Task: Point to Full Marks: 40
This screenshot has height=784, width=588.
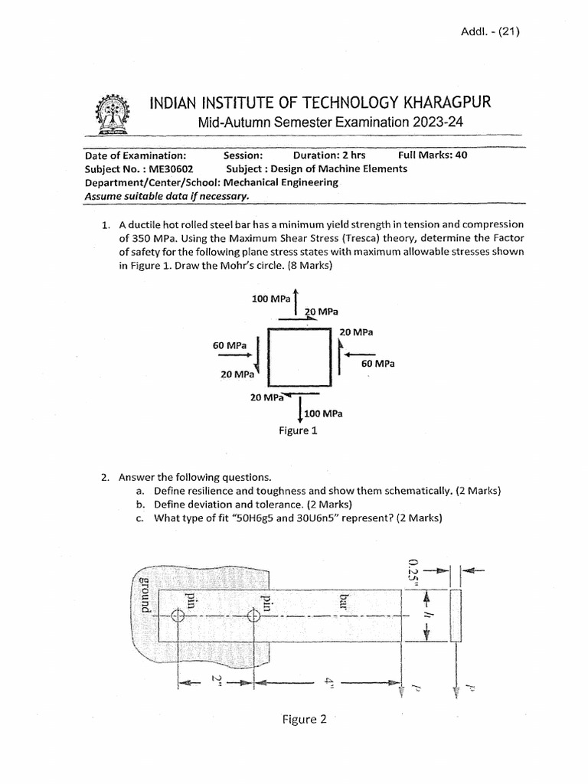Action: [x=433, y=155]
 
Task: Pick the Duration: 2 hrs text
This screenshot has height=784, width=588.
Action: [x=328, y=155]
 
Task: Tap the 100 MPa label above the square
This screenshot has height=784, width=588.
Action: [x=271, y=299]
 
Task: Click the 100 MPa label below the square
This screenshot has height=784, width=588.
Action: [x=323, y=414]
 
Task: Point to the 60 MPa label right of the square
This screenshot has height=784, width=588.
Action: [x=378, y=364]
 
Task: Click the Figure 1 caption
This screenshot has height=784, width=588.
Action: [x=297, y=430]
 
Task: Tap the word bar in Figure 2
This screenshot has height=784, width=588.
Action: [x=344, y=601]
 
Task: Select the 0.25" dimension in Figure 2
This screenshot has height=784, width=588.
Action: [x=413, y=570]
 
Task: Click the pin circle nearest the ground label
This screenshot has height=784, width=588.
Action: [x=178, y=616]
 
